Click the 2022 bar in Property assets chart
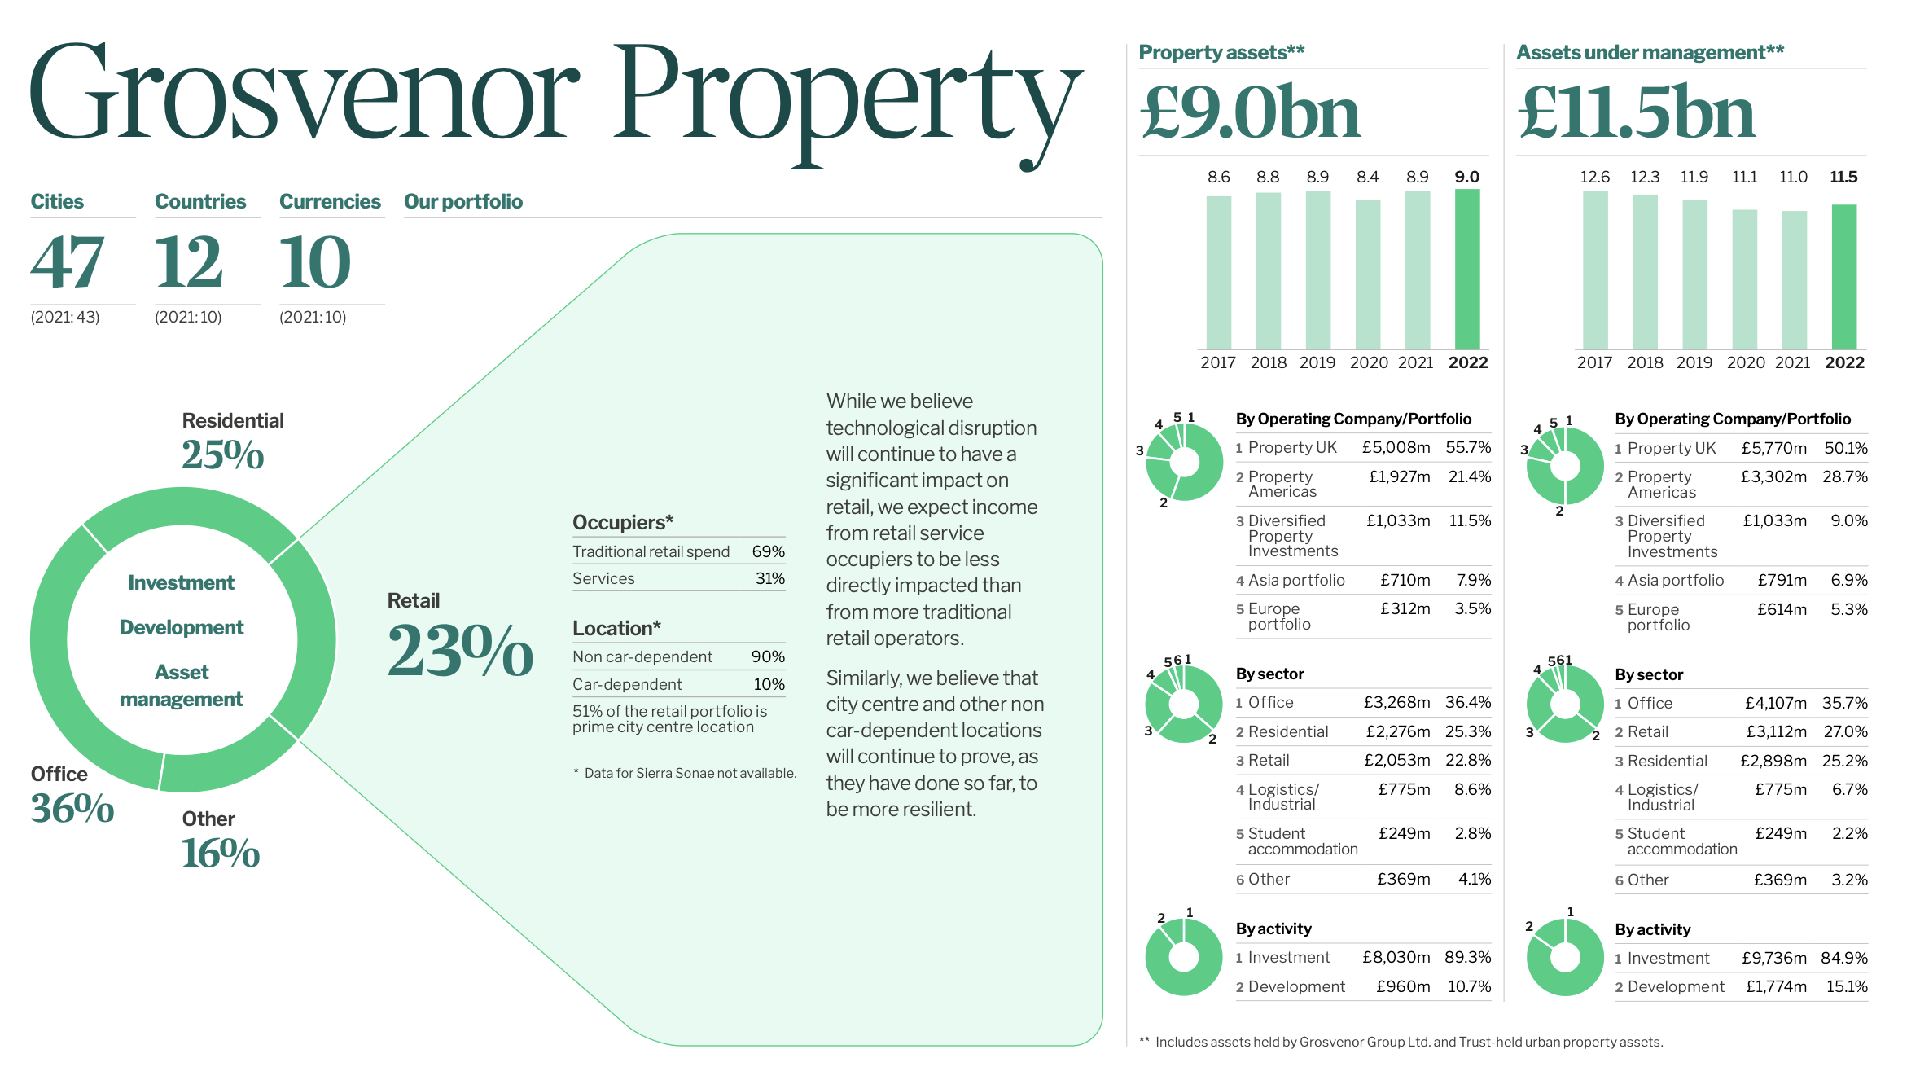pos(1466,269)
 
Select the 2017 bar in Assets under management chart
pos(1594,270)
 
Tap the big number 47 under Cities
pos(68,262)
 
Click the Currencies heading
pos(330,201)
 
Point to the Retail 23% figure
pos(460,651)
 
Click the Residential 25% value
pos(222,454)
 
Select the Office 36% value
pos(72,808)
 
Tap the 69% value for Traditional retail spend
pos(768,551)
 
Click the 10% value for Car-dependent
pos(769,684)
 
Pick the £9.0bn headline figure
pos(1250,112)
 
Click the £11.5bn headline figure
pos(1636,112)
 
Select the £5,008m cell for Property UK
pos(1396,447)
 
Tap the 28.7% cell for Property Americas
pos(1844,476)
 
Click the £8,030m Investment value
pos(1396,957)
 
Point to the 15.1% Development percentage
pos(1846,986)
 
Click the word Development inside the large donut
pos(182,627)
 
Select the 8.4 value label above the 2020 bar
pos(1367,177)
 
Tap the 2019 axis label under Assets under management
pos(1694,362)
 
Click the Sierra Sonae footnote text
pos(689,773)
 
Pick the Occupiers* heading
pos(623,522)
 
